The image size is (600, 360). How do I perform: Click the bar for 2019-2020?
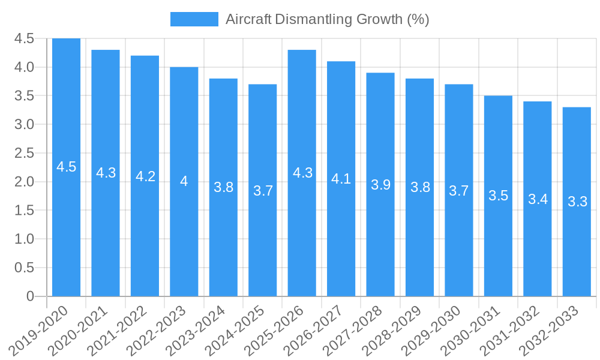tap(66, 167)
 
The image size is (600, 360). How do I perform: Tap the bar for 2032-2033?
tap(577, 202)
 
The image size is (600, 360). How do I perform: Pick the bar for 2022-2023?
tap(184, 181)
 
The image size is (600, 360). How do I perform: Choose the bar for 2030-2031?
tap(498, 196)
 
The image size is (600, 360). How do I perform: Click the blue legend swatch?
tap(194, 19)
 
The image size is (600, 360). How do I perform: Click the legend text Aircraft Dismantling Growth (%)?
tap(327, 19)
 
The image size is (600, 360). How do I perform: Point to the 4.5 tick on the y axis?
tap(24, 38)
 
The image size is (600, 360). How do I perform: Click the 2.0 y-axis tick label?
tap(24, 182)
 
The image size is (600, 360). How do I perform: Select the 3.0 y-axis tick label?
tap(24, 124)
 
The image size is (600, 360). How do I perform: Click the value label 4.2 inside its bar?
tap(145, 176)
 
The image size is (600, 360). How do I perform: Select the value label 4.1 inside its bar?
tap(341, 179)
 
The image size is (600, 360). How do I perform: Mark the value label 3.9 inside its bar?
tap(380, 185)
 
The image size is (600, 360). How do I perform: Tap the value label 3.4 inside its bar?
tap(538, 199)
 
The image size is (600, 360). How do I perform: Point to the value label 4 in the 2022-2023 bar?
tap(184, 181)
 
